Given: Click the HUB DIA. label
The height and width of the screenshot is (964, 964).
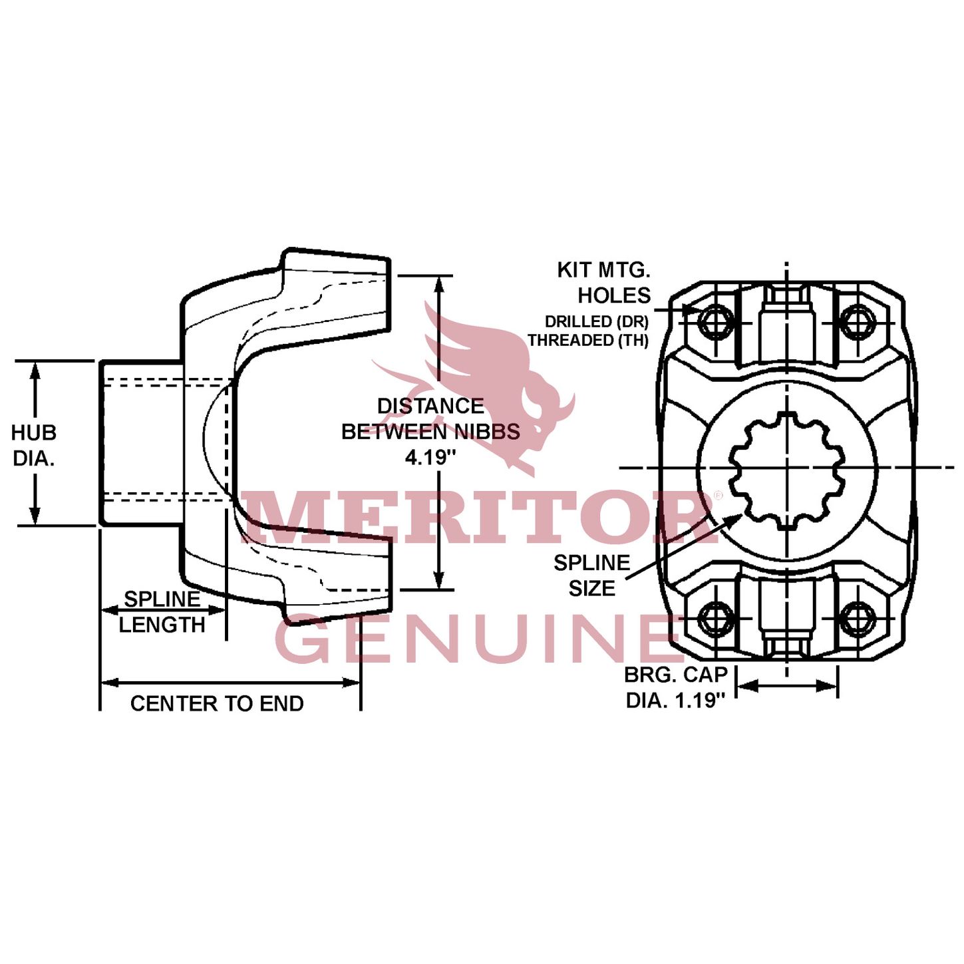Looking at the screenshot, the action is [33, 445].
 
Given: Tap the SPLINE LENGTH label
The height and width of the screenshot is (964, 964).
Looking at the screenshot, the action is [162, 612].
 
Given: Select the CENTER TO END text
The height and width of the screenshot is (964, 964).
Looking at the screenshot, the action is [217, 704].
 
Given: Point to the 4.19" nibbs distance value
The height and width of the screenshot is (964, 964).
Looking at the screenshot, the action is [430, 457].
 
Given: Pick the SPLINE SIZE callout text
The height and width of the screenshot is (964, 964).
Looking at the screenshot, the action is [591, 575].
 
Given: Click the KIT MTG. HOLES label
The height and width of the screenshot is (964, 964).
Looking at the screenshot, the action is [604, 283].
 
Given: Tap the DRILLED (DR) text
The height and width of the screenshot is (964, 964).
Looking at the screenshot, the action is [596, 321].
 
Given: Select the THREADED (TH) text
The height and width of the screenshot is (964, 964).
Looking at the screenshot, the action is [588, 340].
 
